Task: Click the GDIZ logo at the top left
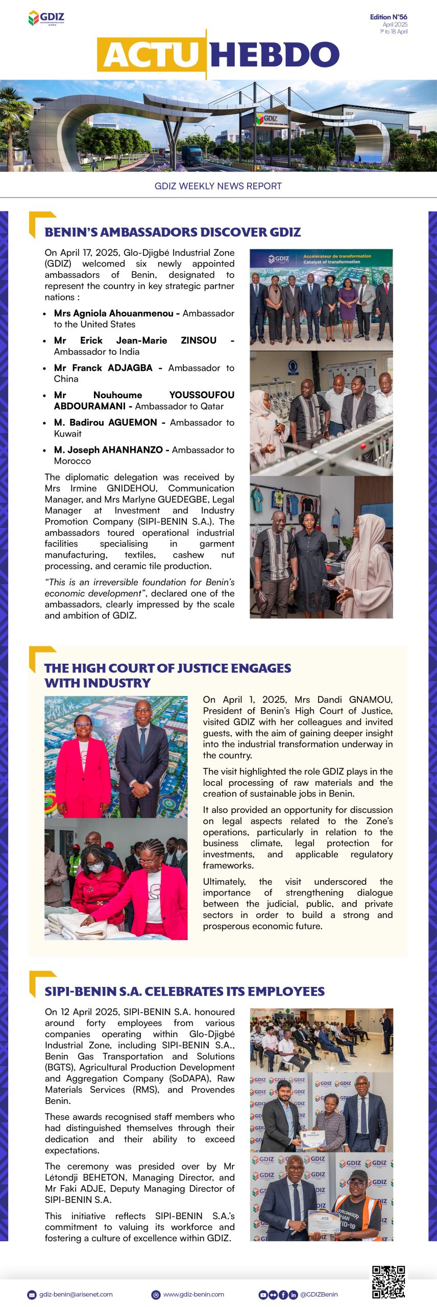pyautogui.click(x=46, y=18)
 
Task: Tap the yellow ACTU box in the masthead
pyautogui.click(x=151, y=55)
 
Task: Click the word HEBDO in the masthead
pyautogui.click(x=275, y=55)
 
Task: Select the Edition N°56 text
pyautogui.click(x=389, y=17)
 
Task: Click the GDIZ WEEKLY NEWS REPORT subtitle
pyautogui.click(x=218, y=186)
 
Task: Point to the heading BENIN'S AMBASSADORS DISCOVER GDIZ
pyautogui.click(x=173, y=232)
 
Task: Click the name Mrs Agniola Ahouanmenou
pyautogui.click(x=113, y=313)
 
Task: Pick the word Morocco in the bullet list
pyautogui.click(x=72, y=461)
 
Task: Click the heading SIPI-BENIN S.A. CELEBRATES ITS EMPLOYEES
pyautogui.click(x=184, y=991)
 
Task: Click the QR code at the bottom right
pyautogui.click(x=388, y=1281)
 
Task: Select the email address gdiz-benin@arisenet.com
pyautogui.click(x=76, y=1295)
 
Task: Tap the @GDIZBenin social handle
pyautogui.click(x=319, y=1295)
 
